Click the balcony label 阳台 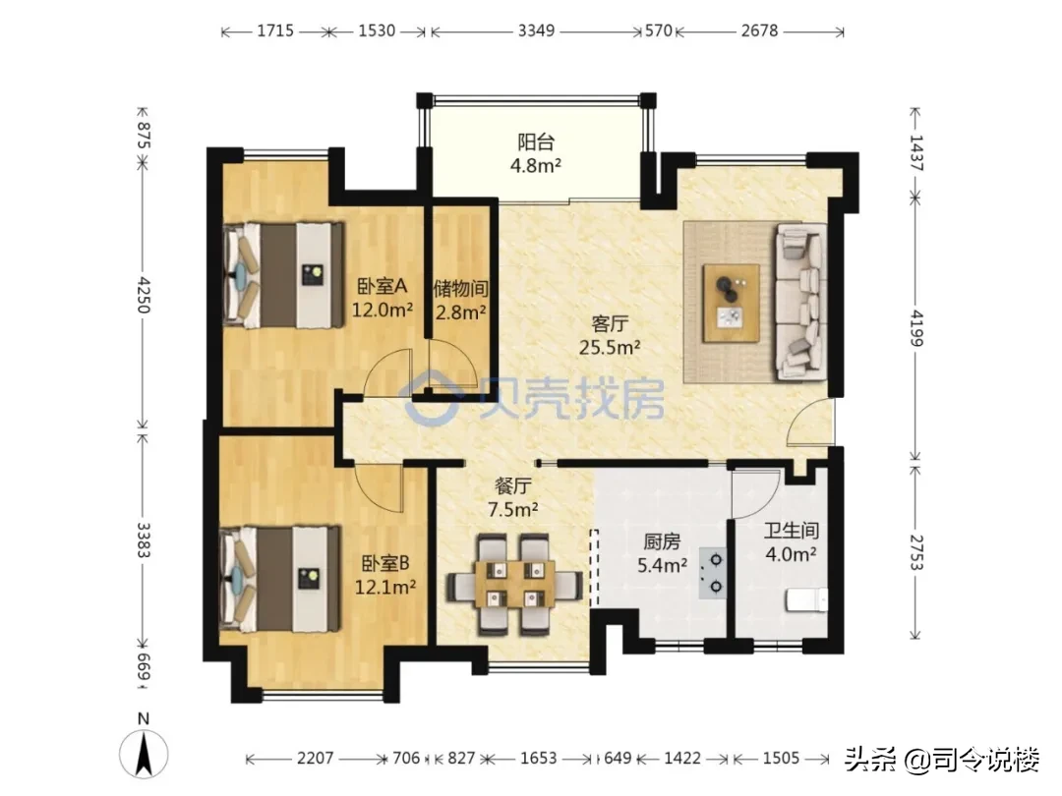tap(536, 142)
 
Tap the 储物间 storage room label tap(460, 289)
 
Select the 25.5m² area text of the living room tap(610, 347)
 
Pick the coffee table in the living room tap(731, 304)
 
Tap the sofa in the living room tap(802, 302)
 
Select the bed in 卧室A tap(283, 275)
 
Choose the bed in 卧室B tap(280, 579)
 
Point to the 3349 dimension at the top tap(537, 30)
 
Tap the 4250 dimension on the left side tap(143, 294)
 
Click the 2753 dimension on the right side tap(915, 551)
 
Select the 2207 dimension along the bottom tap(316, 758)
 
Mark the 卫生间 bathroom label tap(791, 530)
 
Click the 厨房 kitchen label tap(662, 541)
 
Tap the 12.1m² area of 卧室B tap(385, 587)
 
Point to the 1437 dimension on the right tap(915, 153)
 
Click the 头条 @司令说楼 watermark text tap(942, 759)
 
